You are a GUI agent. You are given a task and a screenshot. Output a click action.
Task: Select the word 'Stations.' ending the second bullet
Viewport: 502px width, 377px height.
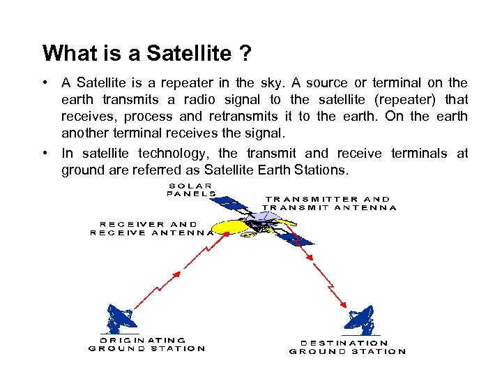click(330, 170)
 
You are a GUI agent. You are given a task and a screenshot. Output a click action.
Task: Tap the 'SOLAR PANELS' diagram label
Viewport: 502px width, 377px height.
click(190, 190)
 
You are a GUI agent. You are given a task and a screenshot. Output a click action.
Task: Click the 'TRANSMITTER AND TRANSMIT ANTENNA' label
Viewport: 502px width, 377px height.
click(329, 203)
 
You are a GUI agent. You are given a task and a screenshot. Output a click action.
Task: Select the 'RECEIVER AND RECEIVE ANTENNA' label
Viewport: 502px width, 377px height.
click(152, 229)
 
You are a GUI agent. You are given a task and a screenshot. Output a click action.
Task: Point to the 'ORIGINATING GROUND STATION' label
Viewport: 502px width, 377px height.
click(147, 344)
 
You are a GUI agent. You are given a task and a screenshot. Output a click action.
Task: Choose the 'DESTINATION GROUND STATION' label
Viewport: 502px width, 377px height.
click(347, 347)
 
